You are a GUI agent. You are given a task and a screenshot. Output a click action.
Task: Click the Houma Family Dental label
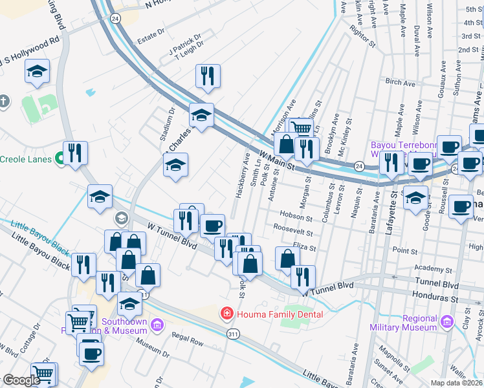coord(280,314)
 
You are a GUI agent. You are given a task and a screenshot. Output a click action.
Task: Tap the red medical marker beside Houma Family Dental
coord(226,314)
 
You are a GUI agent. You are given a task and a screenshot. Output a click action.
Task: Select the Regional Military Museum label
coord(412,323)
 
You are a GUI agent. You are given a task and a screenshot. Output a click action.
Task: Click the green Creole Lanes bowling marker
coord(60,157)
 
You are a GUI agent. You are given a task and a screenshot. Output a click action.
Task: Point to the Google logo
coord(21,381)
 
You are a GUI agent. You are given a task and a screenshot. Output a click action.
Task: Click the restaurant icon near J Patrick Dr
coord(208,76)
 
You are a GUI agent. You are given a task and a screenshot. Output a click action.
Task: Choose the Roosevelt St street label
coord(292,230)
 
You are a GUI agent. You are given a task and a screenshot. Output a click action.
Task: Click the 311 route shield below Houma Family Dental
coord(234,333)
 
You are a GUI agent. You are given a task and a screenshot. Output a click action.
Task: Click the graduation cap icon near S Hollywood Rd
coord(38,72)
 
